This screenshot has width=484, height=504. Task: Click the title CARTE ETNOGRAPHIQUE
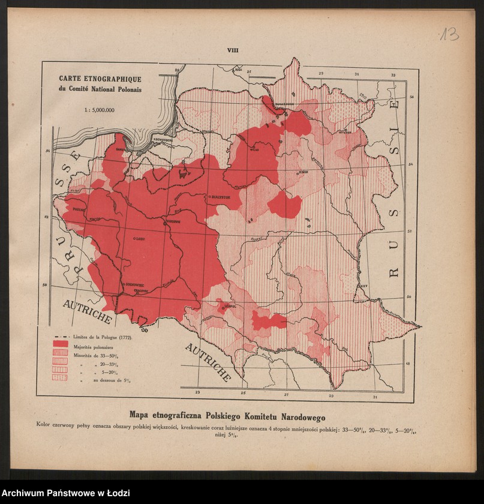point(100,79)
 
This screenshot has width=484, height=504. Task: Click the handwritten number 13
point(448,34)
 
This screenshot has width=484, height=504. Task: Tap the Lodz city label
point(141,238)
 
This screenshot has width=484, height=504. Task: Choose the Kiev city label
point(363,287)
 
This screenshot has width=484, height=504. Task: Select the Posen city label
point(79,210)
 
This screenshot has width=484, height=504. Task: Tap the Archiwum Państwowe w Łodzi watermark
point(65,493)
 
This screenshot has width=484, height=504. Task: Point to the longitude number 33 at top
point(394,75)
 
